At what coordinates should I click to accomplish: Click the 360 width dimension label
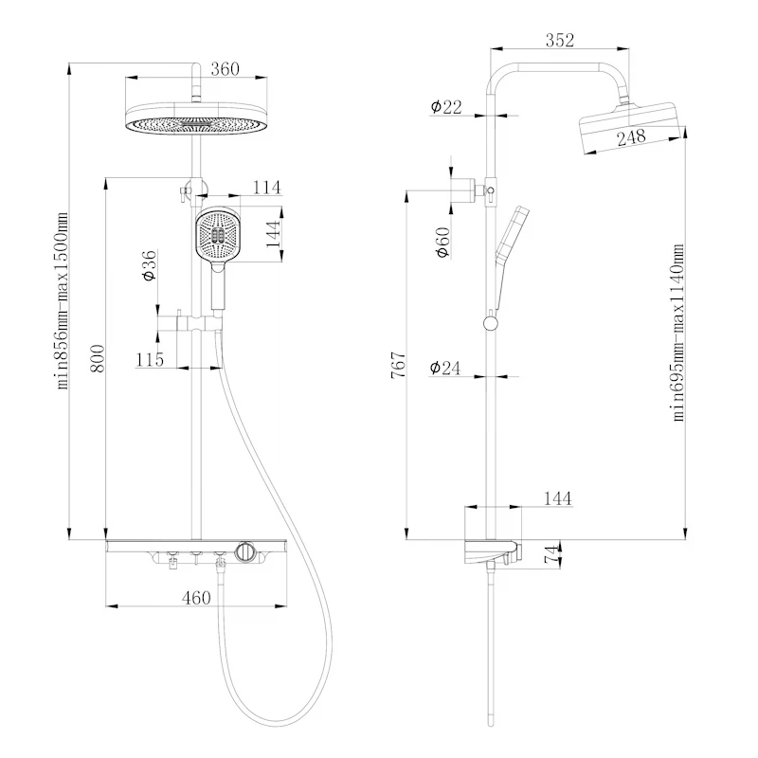(x=225, y=69)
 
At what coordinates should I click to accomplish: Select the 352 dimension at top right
(x=560, y=40)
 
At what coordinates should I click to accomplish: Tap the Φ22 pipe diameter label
(x=446, y=107)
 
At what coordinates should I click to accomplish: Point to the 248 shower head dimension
(x=631, y=137)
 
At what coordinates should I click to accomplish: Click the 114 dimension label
(x=267, y=187)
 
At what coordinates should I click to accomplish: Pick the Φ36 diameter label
(x=150, y=265)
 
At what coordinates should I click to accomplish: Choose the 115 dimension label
(x=150, y=360)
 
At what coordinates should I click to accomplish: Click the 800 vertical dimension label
(x=98, y=358)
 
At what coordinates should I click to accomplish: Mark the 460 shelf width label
(x=196, y=598)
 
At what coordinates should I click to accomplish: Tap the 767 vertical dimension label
(x=398, y=365)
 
